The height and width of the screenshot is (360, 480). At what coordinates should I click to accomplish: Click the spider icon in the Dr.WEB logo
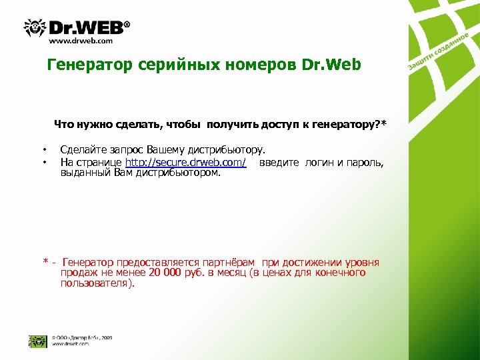35,27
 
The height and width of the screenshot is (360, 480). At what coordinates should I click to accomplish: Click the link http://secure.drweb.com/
186,163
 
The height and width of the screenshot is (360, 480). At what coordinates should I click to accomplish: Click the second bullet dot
44,162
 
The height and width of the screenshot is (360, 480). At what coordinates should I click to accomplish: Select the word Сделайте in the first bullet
81,150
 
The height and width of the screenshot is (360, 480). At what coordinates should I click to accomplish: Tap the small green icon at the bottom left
33,340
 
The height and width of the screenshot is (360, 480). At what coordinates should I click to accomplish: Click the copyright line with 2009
81,337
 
